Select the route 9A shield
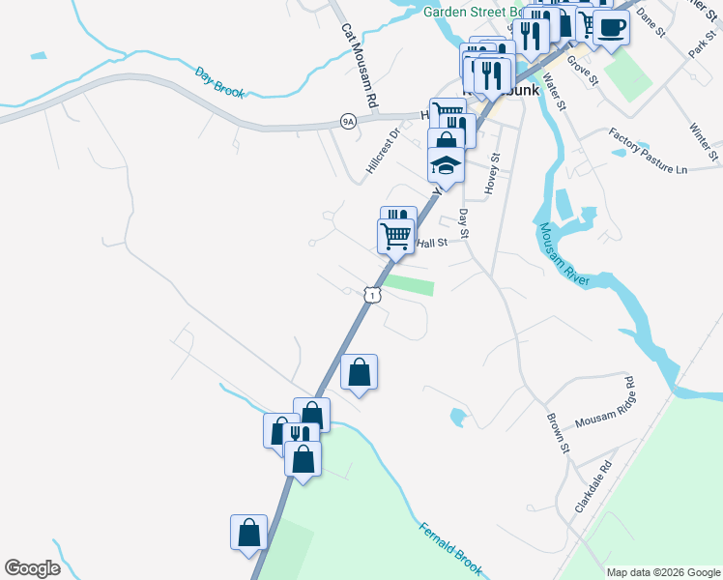pyautogui.click(x=348, y=121)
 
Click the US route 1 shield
pyautogui.click(x=371, y=295)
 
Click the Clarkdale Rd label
pyautogui.click(x=593, y=485)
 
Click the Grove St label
pyautogui.click(x=584, y=70)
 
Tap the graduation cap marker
pyautogui.click(x=446, y=165)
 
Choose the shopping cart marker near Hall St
pyautogui.click(x=395, y=235)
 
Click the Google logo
pyautogui.click(x=32, y=568)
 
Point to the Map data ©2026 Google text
pyautogui.click(x=663, y=572)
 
